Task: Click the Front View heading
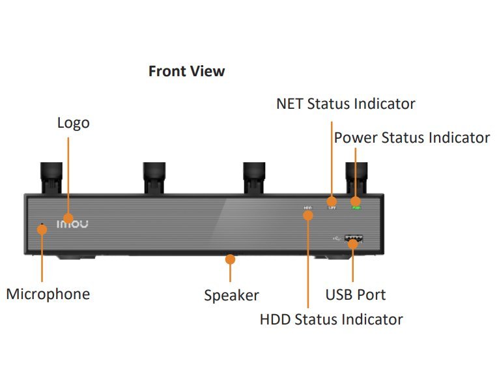[x=186, y=72]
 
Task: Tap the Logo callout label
[x=73, y=123]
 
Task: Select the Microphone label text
[x=48, y=294]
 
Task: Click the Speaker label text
[x=231, y=295]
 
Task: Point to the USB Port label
[x=355, y=295]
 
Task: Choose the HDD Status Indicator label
[x=331, y=319]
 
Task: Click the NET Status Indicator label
[x=345, y=104]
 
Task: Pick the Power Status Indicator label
[x=412, y=138]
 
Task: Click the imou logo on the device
[x=72, y=224]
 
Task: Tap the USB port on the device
[x=353, y=239]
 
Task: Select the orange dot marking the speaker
[x=229, y=259]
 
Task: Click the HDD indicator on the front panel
[x=307, y=208]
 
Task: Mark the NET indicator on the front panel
[x=332, y=207]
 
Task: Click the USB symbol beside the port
[x=335, y=238]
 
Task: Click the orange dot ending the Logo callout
[x=68, y=218]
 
